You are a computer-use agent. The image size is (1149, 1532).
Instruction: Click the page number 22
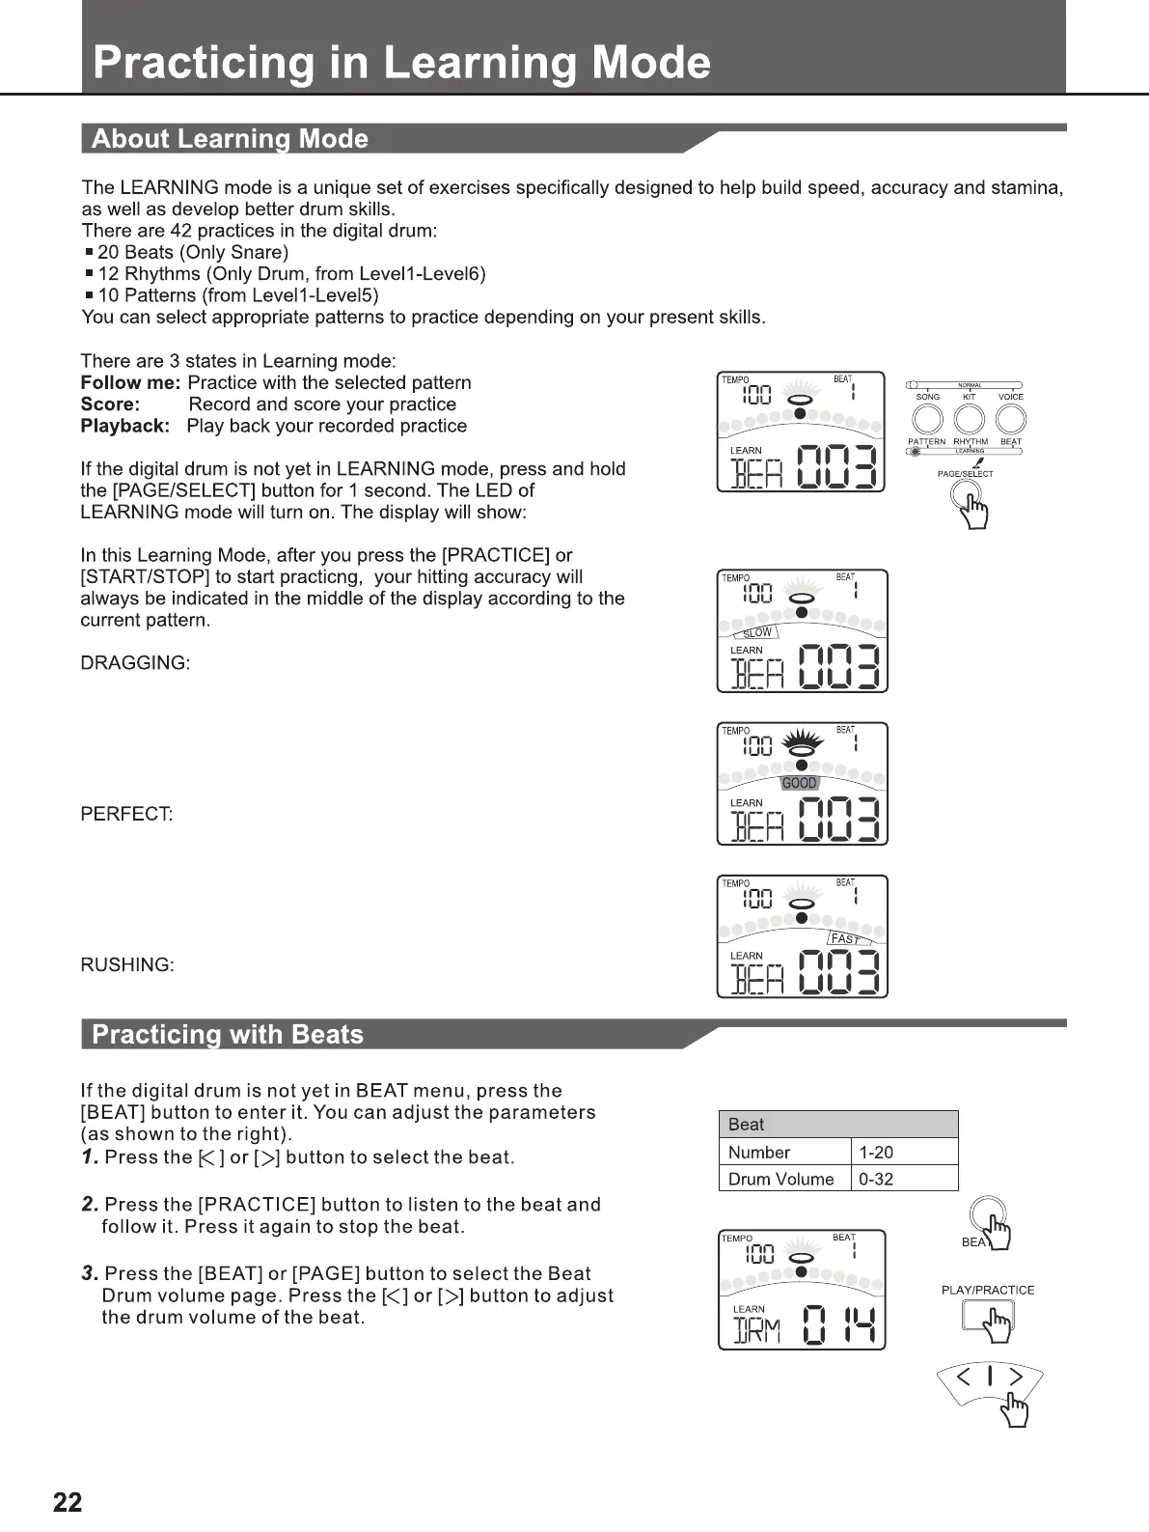click(x=68, y=1502)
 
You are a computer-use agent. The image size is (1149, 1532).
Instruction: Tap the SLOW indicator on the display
click(x=758, y=632)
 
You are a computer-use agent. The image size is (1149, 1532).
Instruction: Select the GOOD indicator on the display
click(x=799, y=783)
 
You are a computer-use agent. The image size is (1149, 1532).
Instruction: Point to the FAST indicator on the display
click(x=846, y=938)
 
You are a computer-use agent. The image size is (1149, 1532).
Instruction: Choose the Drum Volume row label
click(x=781, y=1179)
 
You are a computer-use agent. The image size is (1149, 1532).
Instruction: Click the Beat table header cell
click(x=838, y=1124)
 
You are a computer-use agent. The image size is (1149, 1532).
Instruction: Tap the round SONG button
click(x=927, y=419)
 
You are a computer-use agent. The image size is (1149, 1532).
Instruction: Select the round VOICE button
click(x=1010, y=419)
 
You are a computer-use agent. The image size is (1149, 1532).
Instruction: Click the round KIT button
click(x=969, y=419)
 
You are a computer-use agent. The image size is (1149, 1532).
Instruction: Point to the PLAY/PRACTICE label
click(x=987, y=1290)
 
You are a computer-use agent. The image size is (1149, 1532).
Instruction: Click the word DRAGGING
click(x=135, y=663)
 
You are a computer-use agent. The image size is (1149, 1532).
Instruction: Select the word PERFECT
click(x=126, y=814)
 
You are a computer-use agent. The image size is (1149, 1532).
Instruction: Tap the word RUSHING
click(x=127, y=964)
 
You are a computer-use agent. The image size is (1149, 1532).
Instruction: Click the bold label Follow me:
click(x=130, y=383)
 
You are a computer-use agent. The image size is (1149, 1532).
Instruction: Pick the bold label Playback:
click(x=125, y=426)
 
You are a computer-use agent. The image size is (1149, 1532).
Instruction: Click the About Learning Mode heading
click(x=230, y=139)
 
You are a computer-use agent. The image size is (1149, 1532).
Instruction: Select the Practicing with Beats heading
click(x=228, y=1035)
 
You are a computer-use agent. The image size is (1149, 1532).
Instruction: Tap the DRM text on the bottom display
click(x=757, y=1331)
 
